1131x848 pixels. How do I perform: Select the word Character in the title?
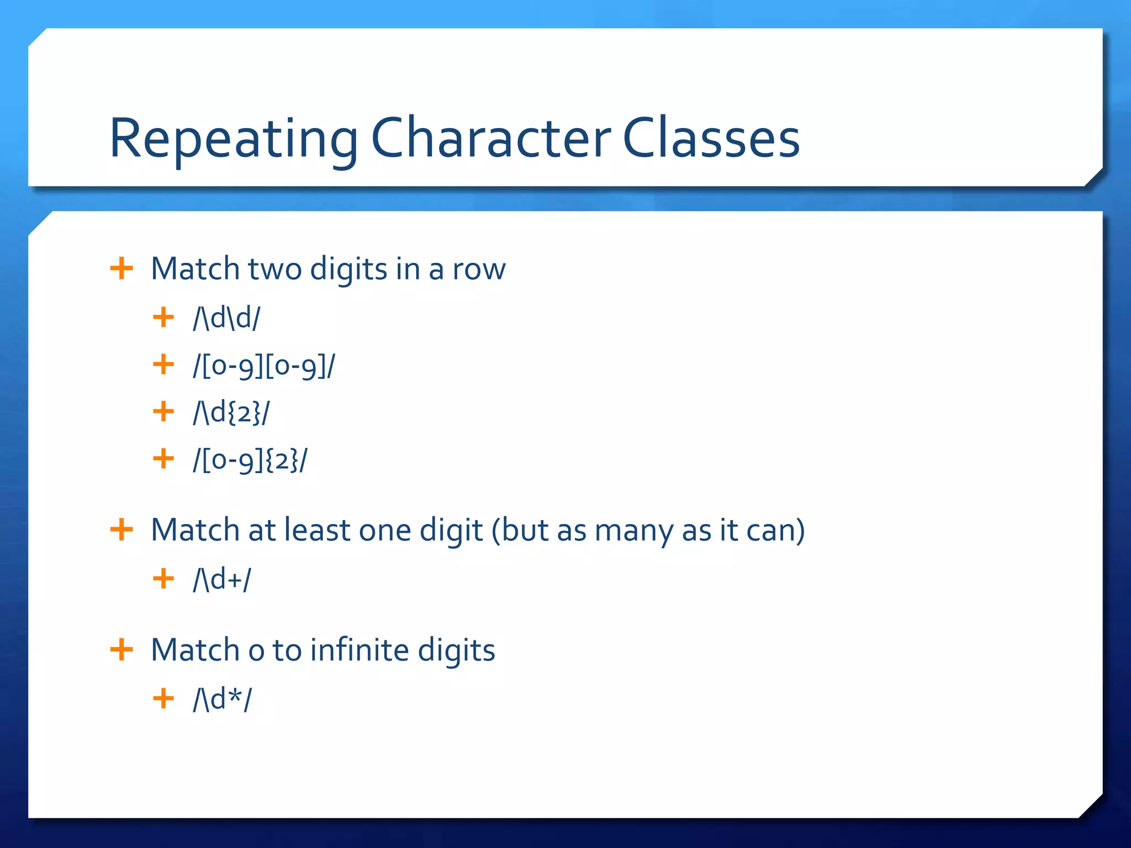point(490,139)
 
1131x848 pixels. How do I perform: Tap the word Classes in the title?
point(711,139)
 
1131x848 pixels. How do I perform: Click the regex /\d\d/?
point(226,318)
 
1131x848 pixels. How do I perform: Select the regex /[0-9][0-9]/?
point(263,365)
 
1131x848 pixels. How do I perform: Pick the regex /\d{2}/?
point(231,412)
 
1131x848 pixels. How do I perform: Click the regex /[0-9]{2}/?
point(250,460)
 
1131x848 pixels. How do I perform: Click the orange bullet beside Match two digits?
point(121,269)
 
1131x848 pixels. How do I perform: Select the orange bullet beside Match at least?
point(121,530)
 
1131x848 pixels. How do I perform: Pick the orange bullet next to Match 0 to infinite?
point(121,650)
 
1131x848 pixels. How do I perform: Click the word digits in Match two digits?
point(348,270)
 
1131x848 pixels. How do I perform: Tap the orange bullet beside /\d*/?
point(163,699)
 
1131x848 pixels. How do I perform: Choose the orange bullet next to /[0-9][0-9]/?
point(163,364)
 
